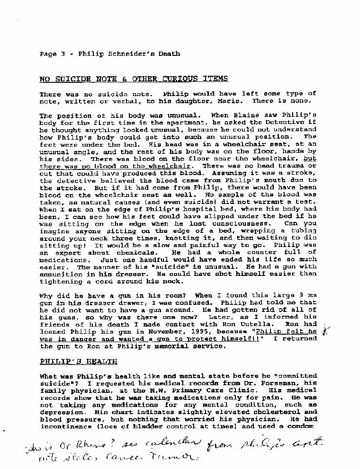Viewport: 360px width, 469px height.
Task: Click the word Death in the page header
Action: click(169, 54)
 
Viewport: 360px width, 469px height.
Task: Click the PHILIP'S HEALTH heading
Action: click(78, 362)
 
